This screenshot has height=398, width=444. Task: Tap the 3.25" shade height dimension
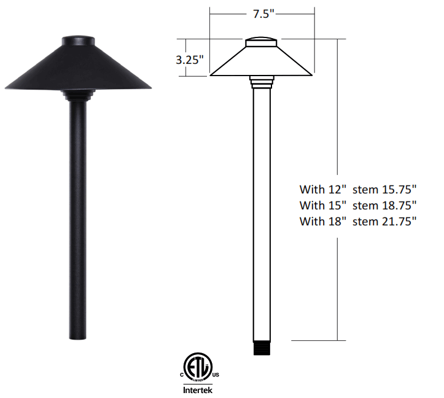[190, 60]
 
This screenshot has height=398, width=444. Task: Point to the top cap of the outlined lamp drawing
[261, 42]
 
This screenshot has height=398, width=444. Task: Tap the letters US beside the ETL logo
[216, 375]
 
